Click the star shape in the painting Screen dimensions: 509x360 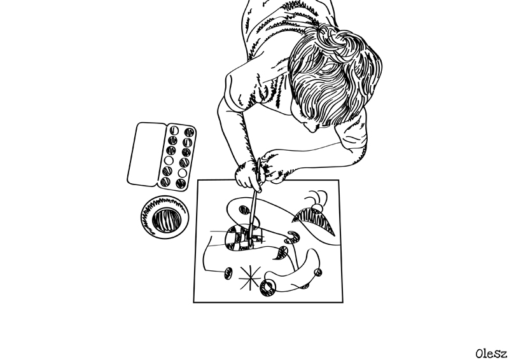click(x=249, y=277)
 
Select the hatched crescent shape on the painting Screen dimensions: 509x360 click(x=312, y=220)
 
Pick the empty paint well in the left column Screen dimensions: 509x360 click(x=169, y=160)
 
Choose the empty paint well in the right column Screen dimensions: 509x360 click(x=182, y=173)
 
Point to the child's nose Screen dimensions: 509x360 click(x=312, y=128)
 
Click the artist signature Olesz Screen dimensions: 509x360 click(x=491, y=354)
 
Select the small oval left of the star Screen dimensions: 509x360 click(x=228, y=273)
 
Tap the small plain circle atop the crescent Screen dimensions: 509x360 click(x=316, y=207)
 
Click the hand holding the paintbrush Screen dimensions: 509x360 click(x=248, y=176)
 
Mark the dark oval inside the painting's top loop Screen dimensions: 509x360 click(x=245, y=210)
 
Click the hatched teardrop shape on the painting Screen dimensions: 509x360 click(x=281, y=253)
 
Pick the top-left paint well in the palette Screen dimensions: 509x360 click(x=174, y=130)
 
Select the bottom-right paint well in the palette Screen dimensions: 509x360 click(x=181, y=183)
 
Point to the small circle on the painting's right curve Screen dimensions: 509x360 click(x=318, y=272)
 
